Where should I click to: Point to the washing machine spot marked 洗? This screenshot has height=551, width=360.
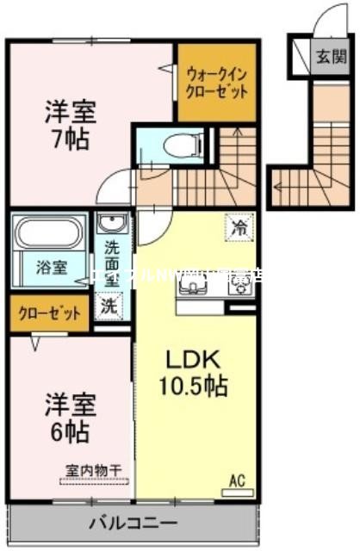point(109,303)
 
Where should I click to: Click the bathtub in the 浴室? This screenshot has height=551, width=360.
point(47,233)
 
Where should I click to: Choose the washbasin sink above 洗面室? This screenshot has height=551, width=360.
point(111,226)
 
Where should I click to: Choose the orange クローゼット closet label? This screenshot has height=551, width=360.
point(47,314)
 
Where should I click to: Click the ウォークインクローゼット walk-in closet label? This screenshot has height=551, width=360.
point(218,82)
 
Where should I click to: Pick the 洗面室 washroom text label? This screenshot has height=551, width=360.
point(113,262)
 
